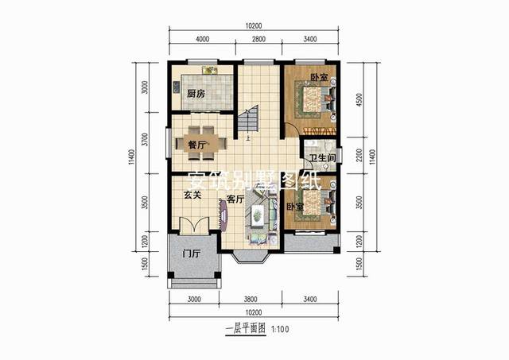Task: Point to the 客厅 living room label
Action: click(x=234, y=199)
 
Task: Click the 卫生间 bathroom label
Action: click(x=322, y=157)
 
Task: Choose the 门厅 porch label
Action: click(x=190, y=254)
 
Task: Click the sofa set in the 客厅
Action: click(x=259, y=223)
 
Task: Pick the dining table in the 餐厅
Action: click(x=201, y=137)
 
